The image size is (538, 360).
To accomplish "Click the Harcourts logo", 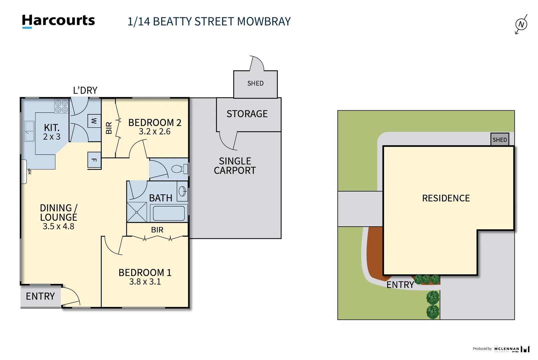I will (58, 21).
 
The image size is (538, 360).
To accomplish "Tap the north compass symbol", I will (521, 24).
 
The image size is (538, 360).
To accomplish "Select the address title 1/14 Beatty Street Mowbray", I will (209, 22).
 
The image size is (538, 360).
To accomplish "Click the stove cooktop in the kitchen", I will (62, 106).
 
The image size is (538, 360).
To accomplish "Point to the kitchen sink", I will (29, 131).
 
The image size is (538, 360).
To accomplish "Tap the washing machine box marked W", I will (94, 121).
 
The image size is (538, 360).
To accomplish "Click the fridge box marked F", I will (94, 160).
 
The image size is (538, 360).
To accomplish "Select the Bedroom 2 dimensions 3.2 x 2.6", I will (155, 132).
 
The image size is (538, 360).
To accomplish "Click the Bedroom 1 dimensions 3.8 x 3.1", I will (145, 282).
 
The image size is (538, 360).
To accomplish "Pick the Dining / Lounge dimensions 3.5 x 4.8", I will (58, 226).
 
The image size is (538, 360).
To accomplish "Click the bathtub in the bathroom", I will (169, 213).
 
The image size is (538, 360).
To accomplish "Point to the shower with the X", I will (137, 212).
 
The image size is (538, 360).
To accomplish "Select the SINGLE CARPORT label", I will (235, 166).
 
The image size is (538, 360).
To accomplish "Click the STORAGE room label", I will (247, 114).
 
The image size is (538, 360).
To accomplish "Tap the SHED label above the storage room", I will (255, 83).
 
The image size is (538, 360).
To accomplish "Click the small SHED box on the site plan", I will (500, 140).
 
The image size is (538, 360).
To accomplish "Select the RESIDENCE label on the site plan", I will (446, 198).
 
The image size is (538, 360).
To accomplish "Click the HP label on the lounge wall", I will (30, 171).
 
